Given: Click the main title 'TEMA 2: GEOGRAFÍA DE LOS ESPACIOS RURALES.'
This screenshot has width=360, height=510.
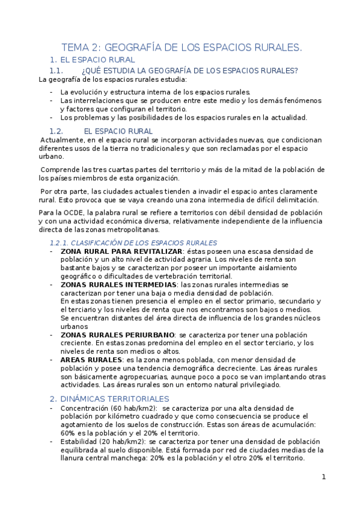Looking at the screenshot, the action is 182,47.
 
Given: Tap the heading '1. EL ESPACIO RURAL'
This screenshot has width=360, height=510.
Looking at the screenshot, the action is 93,60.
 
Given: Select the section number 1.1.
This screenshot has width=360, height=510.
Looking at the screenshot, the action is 61,70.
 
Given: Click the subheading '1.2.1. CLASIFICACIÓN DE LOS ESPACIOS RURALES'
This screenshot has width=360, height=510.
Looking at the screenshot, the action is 133,242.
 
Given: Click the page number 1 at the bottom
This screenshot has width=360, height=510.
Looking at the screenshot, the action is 323,477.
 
